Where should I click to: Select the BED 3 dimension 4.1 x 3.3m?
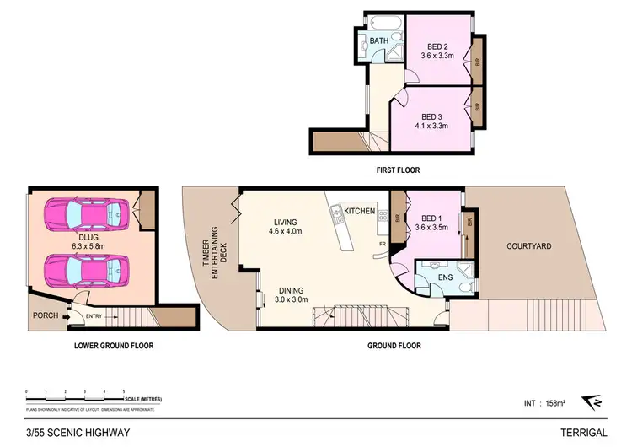tap(431, 126)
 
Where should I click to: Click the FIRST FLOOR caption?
tap(399, 170)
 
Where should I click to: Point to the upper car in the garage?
tap(83, 218)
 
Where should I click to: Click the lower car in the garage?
tap(83, 271)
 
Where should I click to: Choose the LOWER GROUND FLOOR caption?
tap(114, 346)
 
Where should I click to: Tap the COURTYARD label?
tap(528, 246)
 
